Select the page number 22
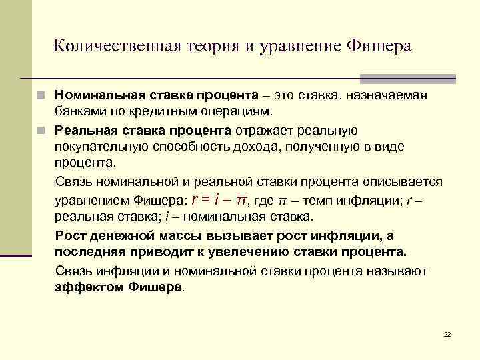click(447, 333)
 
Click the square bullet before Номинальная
click(41, 95)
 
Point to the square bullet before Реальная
click(41, 129)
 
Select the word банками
click(79, 111)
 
